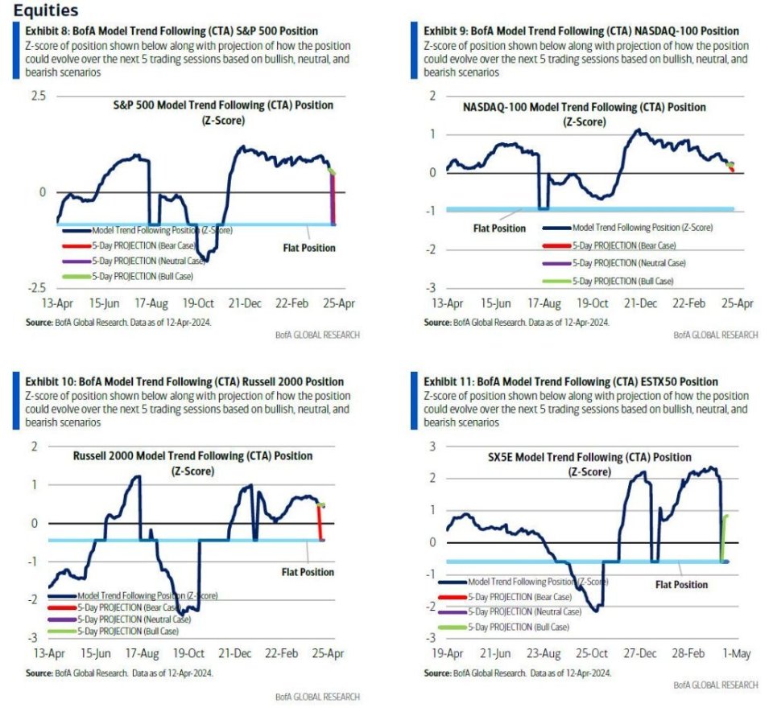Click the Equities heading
point(47,10)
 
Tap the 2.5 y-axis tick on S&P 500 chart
point(39,96)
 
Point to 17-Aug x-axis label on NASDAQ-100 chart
point(544,303)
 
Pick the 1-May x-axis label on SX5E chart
point(738,654)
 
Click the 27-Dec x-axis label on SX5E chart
point(641,654)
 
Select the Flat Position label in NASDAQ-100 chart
point(498,228)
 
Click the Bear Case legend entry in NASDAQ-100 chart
point(624,245)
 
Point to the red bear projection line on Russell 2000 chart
point(320,523)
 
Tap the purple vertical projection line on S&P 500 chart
point(333,201)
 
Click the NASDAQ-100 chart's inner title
point(584,113)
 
